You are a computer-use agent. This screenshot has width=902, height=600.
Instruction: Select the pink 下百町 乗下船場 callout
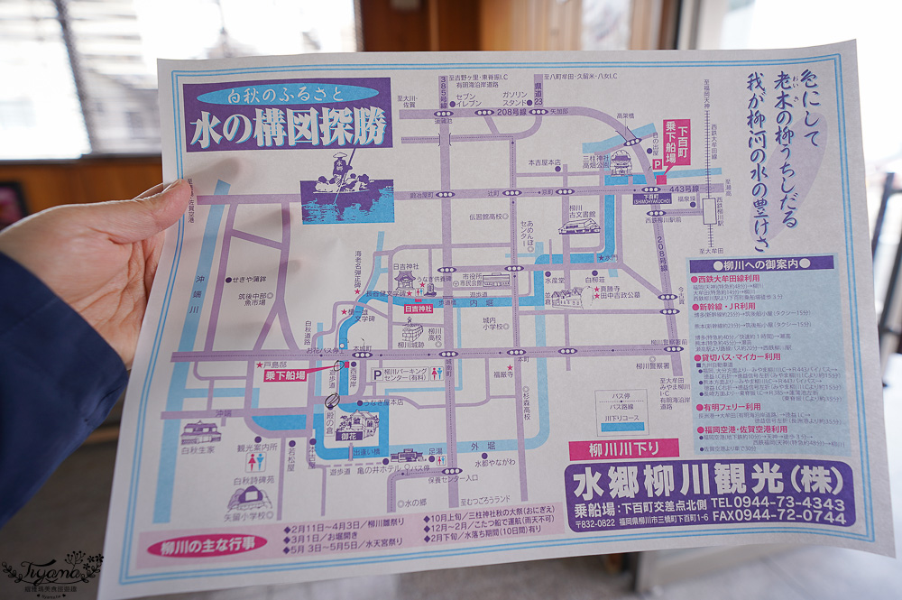pyautogui.click(x=676, y=142)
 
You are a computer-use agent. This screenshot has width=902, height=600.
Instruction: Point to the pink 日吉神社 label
pyautogui.click(x=417, y=309)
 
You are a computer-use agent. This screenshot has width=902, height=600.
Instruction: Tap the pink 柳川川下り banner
pyautogui.click(x=623, y=448)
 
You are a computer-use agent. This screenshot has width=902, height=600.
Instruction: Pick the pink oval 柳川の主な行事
pyautogui.click(x=204, y=545)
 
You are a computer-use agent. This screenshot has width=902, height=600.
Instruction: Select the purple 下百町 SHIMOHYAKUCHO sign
pyautogui.click(x=652, y=198)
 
